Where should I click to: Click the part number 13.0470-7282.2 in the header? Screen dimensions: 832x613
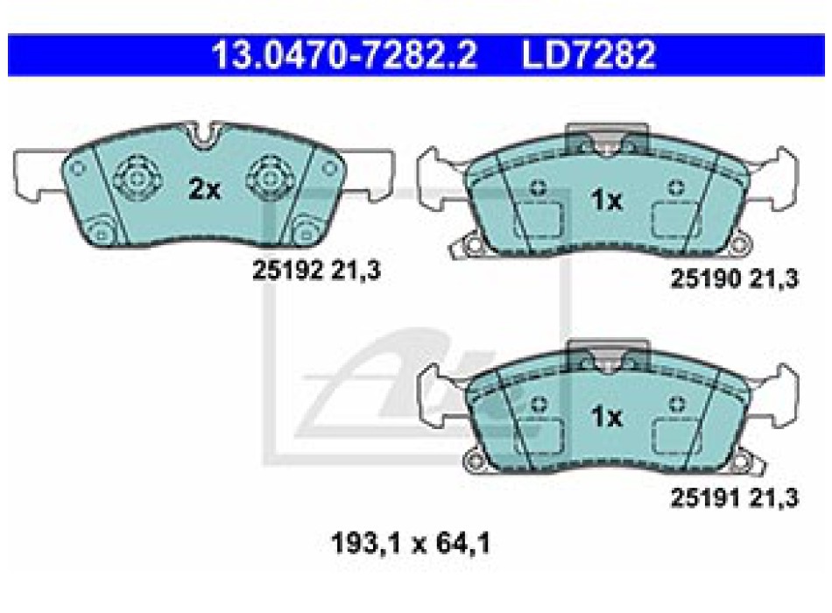point(344,54)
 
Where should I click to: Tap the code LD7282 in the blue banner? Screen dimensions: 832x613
point(589,54)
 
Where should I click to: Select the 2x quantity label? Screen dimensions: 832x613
point(204,189)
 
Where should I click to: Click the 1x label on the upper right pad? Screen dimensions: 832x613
point(606,200)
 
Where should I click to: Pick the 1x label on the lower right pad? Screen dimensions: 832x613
point(606,417)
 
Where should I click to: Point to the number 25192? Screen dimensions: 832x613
point(287,271)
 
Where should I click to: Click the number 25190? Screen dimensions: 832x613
point(706,278)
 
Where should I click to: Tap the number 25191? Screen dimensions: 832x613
point(706,497)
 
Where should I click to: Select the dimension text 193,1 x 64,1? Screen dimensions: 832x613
point(410,544)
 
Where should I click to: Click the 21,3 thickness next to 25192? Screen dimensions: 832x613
point(356,271)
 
